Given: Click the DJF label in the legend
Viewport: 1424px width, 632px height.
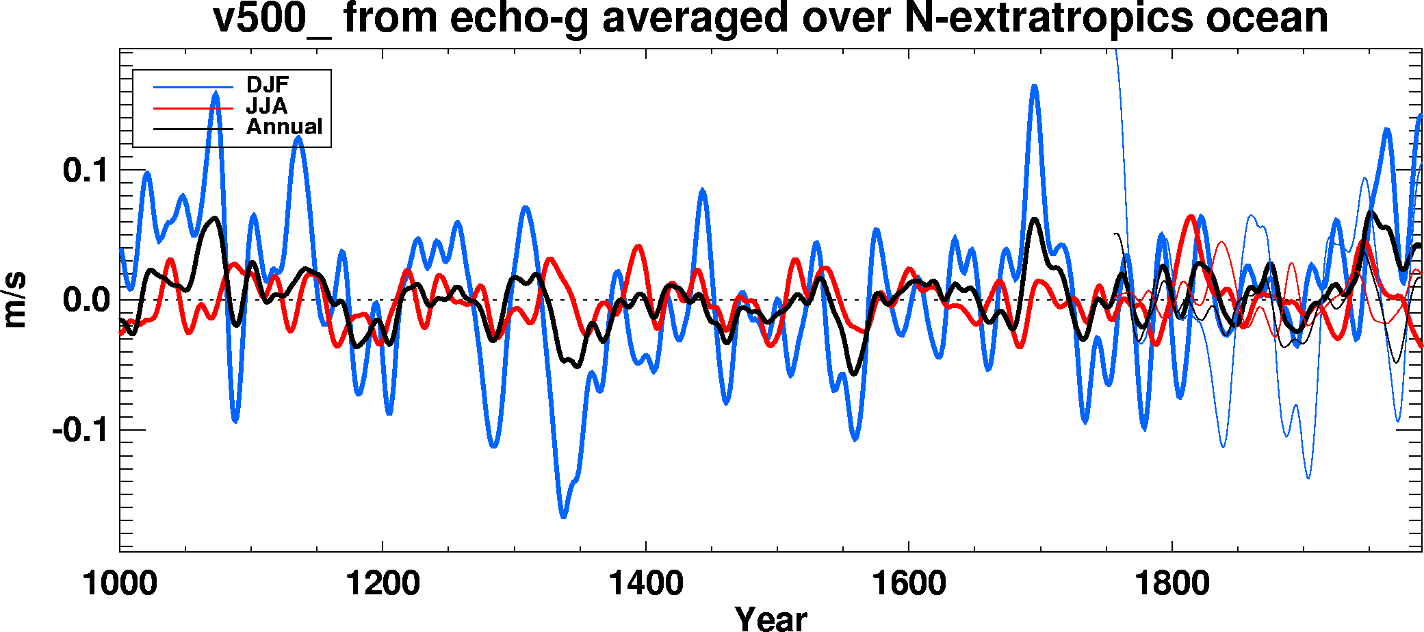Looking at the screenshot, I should point(268,85).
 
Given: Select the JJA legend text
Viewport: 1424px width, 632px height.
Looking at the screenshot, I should point(266,106).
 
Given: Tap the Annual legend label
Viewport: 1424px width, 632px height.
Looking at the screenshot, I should point(284,127).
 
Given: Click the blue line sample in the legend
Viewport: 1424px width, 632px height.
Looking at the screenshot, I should point(194,87).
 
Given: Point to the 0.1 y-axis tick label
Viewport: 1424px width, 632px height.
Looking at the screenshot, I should point(86,170).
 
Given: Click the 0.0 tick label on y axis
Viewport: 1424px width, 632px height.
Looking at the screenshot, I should point(86,300).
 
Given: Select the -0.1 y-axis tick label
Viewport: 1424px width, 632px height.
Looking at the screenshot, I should point(79,430).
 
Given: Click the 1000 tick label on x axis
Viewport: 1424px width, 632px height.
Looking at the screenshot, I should point(120,584).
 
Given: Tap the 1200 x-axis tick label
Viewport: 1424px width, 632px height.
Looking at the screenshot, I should point(383,584).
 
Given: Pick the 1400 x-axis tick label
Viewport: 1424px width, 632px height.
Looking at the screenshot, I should point(645,584).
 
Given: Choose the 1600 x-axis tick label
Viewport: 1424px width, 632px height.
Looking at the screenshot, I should point(909,584).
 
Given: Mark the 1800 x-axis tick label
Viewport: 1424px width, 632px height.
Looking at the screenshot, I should point(1171,584).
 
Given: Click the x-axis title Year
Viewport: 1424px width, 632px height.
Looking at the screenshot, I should point(771,618).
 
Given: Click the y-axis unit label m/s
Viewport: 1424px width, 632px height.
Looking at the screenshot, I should point(15,300).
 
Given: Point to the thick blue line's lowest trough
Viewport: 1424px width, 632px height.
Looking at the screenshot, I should point(563,516).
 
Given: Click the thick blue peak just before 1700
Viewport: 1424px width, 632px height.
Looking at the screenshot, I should point(1034,87).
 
